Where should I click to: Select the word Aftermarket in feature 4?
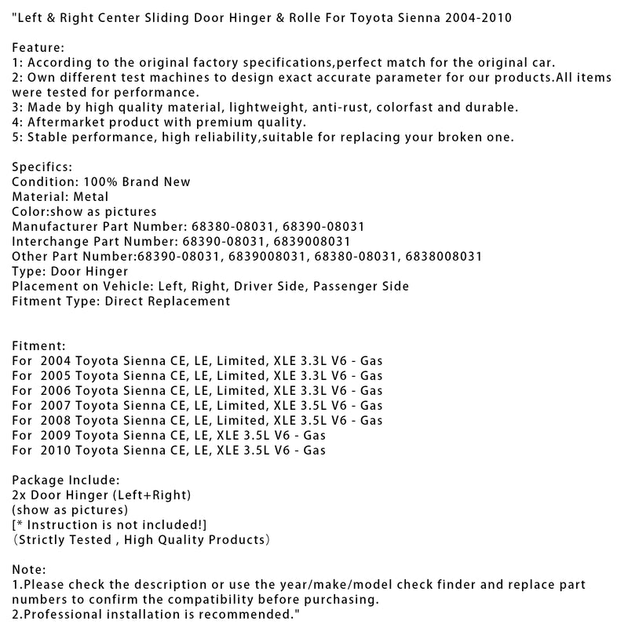(64, 122)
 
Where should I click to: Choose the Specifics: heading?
(43, 167)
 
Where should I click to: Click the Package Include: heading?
(67, 480)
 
